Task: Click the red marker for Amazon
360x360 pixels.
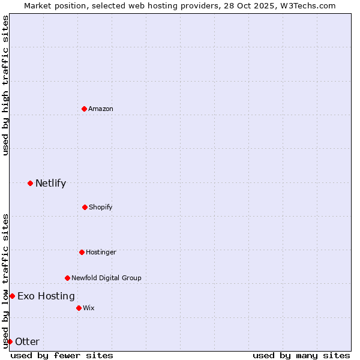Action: (x=84, y=109)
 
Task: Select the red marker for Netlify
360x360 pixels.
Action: (x=30, y=183)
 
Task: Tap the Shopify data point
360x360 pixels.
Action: (x=85, y=207)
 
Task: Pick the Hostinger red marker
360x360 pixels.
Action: (x=82, y=252)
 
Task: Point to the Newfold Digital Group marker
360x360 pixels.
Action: (x=67, y=278)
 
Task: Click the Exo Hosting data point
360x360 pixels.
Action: (x=12, y=296)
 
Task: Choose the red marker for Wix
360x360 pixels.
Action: (x=79, y=308)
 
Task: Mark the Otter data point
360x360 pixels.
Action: (x=10, y=341)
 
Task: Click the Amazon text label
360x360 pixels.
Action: (x=101, y=109)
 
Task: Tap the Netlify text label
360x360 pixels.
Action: (x=50, y=183)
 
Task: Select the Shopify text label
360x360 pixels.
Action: (x=101, y=207)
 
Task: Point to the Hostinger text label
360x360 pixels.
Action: (x=101, y=252)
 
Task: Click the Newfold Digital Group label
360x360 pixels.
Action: (x=106, y=278)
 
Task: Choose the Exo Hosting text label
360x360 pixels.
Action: (x=46, y=296)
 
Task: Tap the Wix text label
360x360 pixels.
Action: (x=89, y=308)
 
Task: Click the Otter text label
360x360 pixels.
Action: (x=27, y=341)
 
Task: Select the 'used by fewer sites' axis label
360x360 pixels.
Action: (x=62, y=355)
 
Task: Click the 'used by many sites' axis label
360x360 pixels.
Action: (x=301, y=355)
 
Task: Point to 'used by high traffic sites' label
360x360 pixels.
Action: (x=5, y=85)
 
